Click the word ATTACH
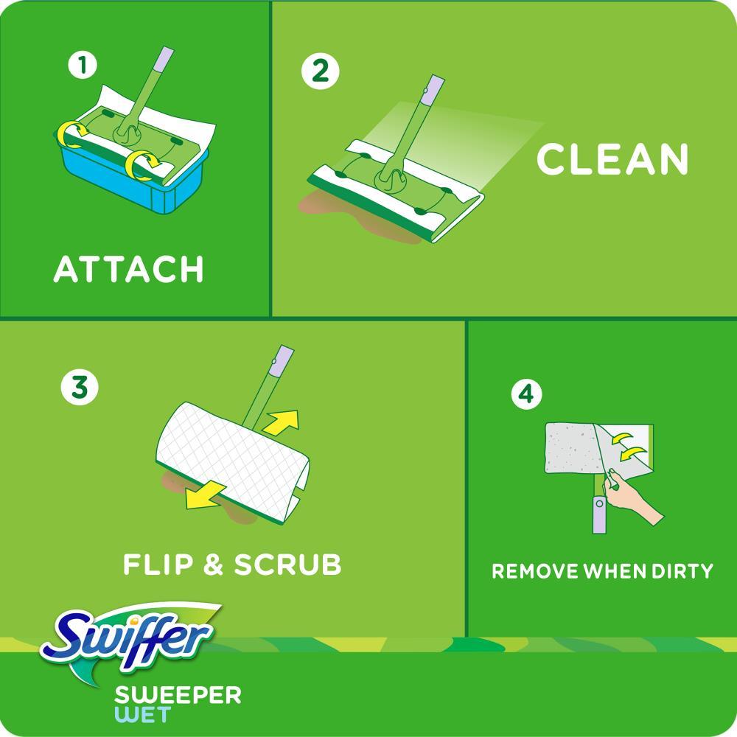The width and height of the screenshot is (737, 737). [x=128, y=270]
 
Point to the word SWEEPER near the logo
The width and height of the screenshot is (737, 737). [x=178, y=695]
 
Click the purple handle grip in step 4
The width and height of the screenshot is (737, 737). [x=595, y=515]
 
